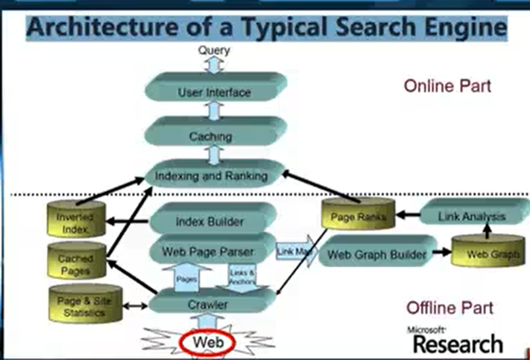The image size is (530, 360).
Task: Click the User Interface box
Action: pyautogui.click(x=214, y=92)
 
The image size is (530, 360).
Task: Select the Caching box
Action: pyautogui.click(x=211, y=137)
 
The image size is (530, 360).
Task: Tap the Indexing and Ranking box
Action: pyautogui.click(x=212, y=176)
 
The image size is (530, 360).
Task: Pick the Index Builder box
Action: pyautogui.click(x=210, y=221)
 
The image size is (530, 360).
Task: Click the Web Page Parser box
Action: pyautogui.click(x=208, y=251)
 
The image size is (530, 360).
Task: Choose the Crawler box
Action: pyautogui.click(x=208, y=304)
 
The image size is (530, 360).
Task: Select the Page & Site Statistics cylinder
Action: pyautogui.click(x=86, y=306)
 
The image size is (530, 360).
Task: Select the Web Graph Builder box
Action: pyautogui.click(x=377, y=254)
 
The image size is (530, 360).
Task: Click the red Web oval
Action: pyautogui.click(x=208, y=343)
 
